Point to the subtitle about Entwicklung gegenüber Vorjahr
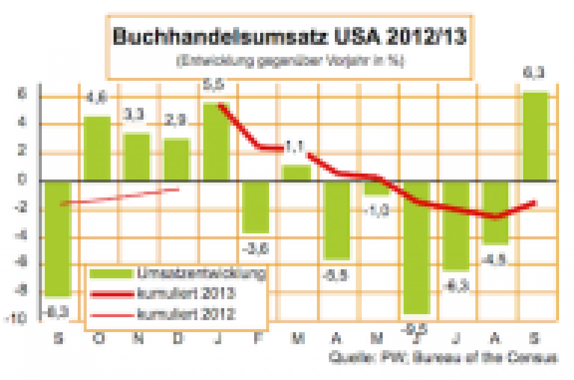289,61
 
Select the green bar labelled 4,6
97,148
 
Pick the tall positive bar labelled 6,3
536,136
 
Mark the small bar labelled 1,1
296,172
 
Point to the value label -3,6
256,247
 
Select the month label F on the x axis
257,338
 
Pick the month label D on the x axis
177,338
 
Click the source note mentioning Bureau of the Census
443,358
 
